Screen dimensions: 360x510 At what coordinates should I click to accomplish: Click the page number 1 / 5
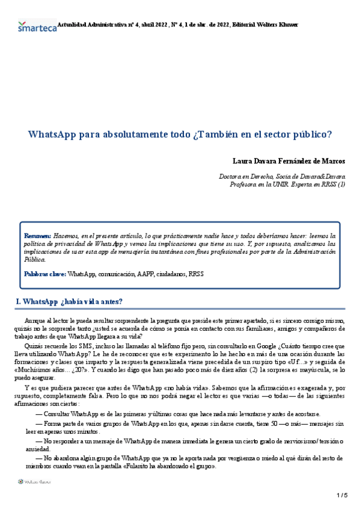point(343,495)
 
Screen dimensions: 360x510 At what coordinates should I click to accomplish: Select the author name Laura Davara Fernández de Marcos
point(288,161)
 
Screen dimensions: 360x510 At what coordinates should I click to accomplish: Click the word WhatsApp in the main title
point(50,134)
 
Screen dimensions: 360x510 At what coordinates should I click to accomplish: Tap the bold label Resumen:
point(38,236)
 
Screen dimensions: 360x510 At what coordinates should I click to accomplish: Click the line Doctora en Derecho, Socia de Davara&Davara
point(282,177)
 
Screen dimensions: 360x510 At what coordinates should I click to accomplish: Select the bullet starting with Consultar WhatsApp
point(178,414)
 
